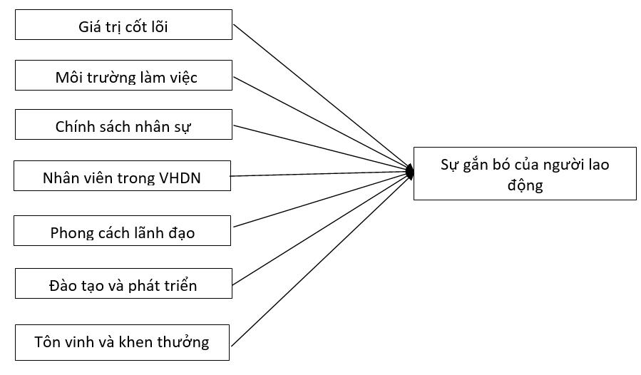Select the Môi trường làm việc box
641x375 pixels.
coord(123,77)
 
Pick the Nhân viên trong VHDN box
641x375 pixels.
coord(123,177)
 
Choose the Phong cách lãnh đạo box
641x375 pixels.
coord(123,232)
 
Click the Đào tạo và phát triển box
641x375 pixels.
coord(123,285)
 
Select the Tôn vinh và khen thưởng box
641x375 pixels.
coord(123,341)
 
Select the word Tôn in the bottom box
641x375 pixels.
coord(46,342)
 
